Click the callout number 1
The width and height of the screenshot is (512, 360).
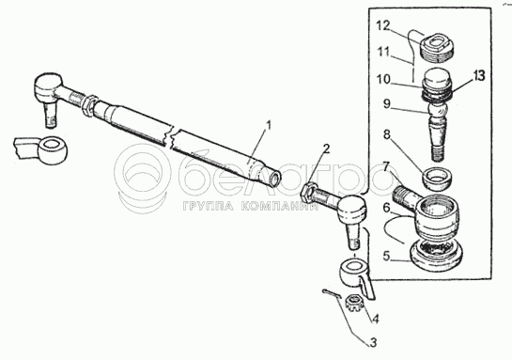tap(269, 126)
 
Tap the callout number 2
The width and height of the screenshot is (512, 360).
tap(326, 149)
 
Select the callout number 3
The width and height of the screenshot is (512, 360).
tap(373, 342)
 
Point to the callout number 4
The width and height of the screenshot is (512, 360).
tap(376, 319)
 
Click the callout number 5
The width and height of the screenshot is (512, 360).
tap(386, 256)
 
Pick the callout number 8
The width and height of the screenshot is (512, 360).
tap(387, 134)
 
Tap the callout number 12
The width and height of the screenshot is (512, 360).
tap(382, 25)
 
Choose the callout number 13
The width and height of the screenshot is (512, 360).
tap(478, 76)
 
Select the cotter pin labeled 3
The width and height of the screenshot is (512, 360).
tap(332, 293)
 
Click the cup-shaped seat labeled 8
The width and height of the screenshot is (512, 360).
tap(437, 177)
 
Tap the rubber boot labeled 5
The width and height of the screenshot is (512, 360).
tap(436, 255)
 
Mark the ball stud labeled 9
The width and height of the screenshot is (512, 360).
tap(437, 131)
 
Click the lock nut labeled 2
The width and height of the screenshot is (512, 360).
tap(307, 193)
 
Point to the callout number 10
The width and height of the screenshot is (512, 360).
tap(382, 79)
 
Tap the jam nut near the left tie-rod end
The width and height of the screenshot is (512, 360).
tap(89, 104)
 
